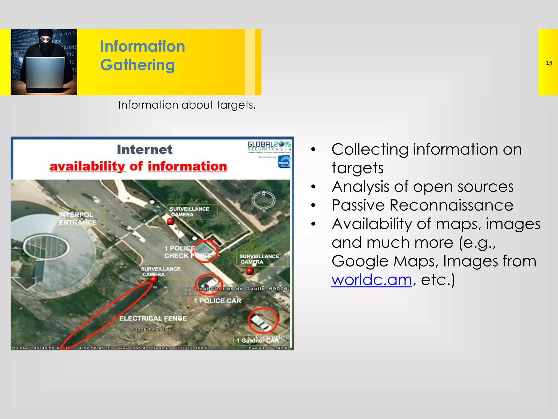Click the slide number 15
coord(549,63)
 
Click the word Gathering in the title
coord(138,65)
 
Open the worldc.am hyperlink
coord(371,280)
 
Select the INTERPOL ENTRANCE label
coord(77,219)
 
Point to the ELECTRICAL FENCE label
coord(153,318)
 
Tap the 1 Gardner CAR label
coord(257,340)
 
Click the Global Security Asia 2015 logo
coord(269,146)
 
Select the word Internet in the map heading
coord(145,149)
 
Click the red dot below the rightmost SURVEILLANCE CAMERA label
coord(250,271)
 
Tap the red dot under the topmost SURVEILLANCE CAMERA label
coord(171,222)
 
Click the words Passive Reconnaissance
coord(422,205)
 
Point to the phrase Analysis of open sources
coord(422,187)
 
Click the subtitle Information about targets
coord(187,105)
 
